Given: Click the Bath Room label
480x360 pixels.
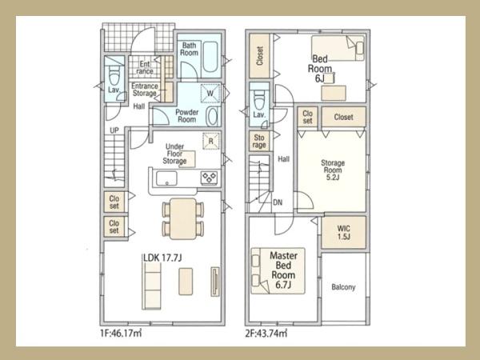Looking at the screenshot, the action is [x=189, y=49].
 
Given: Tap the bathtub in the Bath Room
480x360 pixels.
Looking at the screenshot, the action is [x=210, y=58].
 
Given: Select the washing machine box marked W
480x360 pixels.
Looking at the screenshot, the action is [x=210, y=93].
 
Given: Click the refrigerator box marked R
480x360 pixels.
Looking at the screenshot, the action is [x=211, y=141].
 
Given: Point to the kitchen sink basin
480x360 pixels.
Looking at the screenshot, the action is [x=166, y=178].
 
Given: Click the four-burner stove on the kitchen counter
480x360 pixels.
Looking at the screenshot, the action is [x=210, y=178].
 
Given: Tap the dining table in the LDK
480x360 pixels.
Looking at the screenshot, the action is [x=183, y=218].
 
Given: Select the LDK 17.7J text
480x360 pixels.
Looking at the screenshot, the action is [x=162, y=258].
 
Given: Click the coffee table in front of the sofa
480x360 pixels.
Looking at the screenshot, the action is [x=186, y=282].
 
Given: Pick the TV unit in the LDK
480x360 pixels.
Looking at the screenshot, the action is [x=215, y=282].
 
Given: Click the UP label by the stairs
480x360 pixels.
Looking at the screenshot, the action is [x=114, y=130].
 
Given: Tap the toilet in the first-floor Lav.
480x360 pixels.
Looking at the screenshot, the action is [x=114, y=75].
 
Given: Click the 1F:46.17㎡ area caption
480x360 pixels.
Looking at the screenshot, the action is [x=121, y=333].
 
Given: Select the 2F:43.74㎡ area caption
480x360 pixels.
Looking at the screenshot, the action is [x=266, y=333].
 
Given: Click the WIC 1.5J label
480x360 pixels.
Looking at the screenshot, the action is [x=344, y=233].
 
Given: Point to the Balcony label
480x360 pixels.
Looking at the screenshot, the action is [x=343, y=287].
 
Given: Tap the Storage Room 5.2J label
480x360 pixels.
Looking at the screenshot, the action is [x=333, y=170].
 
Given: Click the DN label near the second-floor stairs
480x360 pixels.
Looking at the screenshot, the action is [x=278, y=202].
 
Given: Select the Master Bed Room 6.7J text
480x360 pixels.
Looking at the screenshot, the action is [x=283, y=270].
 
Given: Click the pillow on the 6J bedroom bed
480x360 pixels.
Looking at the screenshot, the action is [x=360, y=48].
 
